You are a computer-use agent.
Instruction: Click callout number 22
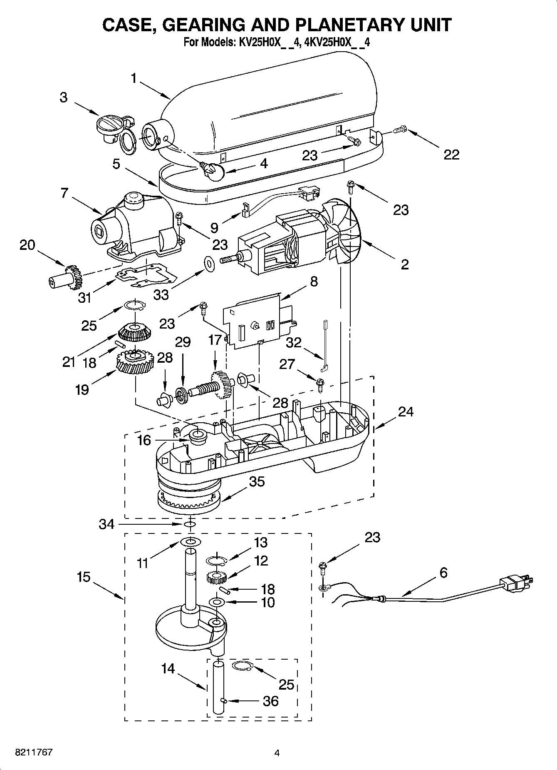coord(451,154)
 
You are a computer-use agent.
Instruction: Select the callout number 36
coord(271,701)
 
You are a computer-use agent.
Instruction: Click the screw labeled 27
coord(320,384)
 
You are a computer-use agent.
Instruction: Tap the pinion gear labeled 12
coord(215,578)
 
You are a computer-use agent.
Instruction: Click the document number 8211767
coord(28,753)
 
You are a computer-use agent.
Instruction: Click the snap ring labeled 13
coord(215,560)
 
